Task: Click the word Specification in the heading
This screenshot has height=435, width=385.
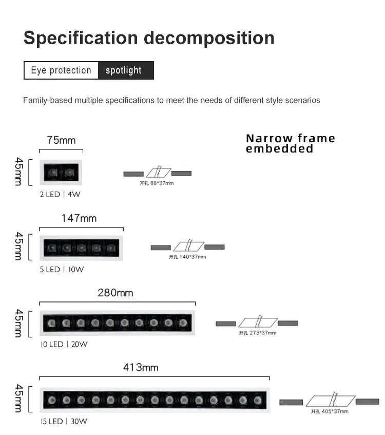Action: (81, 38)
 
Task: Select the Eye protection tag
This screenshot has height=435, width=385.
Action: (61, 70)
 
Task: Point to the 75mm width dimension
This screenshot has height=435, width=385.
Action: (61, 140)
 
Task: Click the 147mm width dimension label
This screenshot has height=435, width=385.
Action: (79, 218)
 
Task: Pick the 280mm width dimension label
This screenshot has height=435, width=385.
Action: (115, 293)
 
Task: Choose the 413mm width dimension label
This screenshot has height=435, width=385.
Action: (141, 367)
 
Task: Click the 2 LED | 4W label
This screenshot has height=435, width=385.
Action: (61, 195)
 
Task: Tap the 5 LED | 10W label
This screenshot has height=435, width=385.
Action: (62, 269)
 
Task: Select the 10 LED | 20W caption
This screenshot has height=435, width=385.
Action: (64, 344)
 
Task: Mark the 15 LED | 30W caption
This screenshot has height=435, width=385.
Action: (64, 422)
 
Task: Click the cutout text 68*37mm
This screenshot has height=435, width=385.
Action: (157, 183)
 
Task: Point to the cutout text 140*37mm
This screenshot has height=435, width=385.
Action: (187, 257)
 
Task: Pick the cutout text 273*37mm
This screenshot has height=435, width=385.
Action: (258, 333)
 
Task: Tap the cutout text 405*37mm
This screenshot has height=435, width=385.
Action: (330, 411)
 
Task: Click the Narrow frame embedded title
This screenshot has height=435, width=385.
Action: (291, 143)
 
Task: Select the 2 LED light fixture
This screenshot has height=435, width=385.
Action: (61, 172)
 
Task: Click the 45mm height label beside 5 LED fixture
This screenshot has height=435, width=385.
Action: (19, 246)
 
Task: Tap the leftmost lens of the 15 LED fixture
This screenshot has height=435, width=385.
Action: (51, 400)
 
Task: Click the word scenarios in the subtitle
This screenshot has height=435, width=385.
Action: (300, 100)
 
